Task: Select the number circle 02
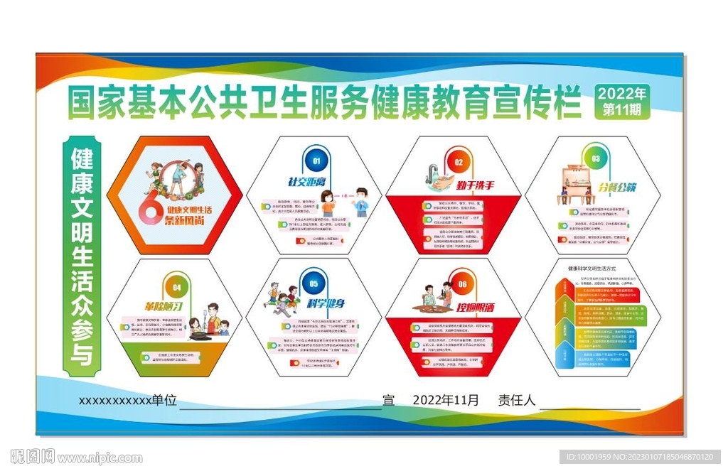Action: click(x=459, y=161)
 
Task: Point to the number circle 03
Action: click(x=596, y=159)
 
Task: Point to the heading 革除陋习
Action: click(x=164, y=307)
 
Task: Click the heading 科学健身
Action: click(x=326, y=304)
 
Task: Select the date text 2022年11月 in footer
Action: click(x=446, y=400)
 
